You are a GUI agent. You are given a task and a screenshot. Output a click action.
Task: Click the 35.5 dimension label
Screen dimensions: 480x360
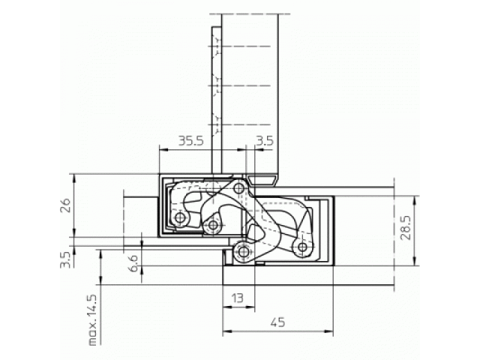(191, 141)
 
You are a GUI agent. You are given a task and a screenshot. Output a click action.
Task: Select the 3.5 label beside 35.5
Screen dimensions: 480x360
(264, 141)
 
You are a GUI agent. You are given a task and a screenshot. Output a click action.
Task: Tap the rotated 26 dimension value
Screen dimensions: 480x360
(66, 205)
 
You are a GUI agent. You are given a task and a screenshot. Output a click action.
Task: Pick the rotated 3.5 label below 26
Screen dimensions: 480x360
(65, 259)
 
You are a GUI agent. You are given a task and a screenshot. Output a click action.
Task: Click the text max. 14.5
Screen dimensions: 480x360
(92, 320)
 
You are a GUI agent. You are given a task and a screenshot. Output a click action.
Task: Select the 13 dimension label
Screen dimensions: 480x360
(237, 298)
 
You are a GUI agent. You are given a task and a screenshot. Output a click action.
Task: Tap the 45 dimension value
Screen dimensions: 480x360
(278, 322)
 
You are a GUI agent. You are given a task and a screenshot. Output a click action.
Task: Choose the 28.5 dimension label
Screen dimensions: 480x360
(406, 229)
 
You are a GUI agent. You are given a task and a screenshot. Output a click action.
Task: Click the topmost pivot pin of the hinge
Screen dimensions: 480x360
(239, 188)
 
